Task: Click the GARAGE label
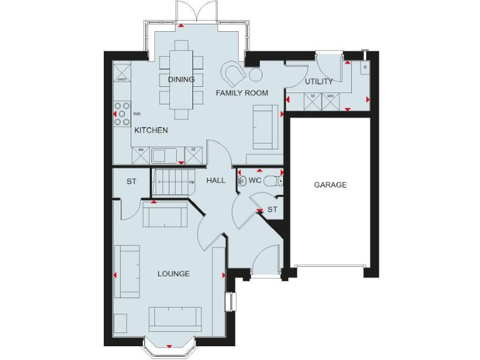(x=330, y=185)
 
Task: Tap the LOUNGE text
(x=173, y=274)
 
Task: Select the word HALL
(x=216, y=180)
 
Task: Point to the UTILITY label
(x=318, y=81)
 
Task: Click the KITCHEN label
(x=151, y=131)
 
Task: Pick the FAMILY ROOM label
(x=242, y=93)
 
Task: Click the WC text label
(x=254, y=180)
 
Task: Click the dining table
(x=181, y=79)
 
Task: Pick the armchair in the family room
(x=236, y=73)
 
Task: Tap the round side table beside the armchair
(x=256, y=75)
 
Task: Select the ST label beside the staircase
(x=131, y=182)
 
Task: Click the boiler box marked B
(x=364, y=66)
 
